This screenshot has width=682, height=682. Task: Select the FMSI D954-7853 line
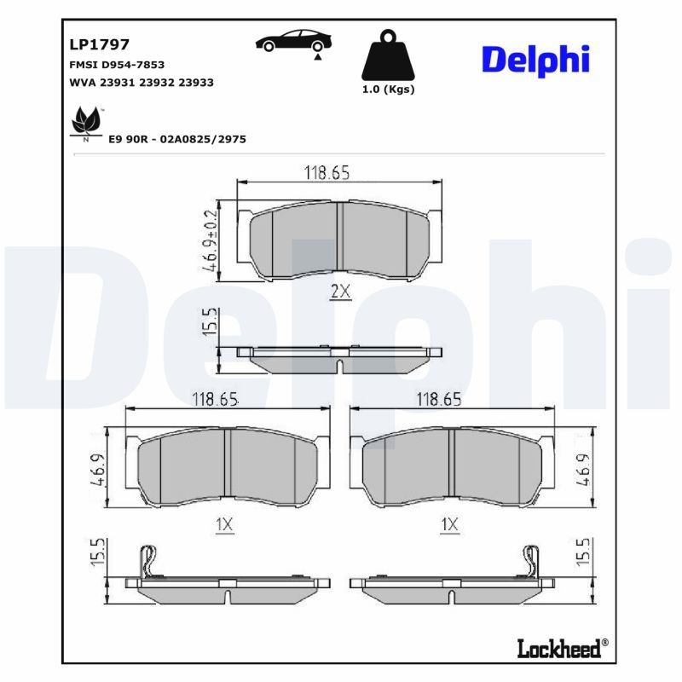pyautogui.click(x=116, y=65)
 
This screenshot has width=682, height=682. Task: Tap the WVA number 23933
pyautogui.click(x=196, y=83)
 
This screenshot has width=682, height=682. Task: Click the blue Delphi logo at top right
pyautogui.click(x=536, y=60)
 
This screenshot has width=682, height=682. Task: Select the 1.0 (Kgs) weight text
pyautogui.click(x=388, y=90)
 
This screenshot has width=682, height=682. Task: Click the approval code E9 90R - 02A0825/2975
pyautogui.click(x=177, y=139)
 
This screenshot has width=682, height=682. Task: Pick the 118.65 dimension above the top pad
pyautogui.click(x=327, y=172)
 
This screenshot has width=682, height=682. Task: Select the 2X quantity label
pyautogui.click(x=340, y=292)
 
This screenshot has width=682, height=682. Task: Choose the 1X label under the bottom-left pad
pyautogui.click(x=224, y=526)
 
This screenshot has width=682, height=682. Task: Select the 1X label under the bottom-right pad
pyautogui.click(x=449, y=526)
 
